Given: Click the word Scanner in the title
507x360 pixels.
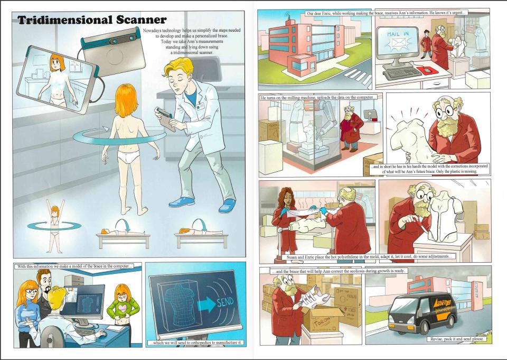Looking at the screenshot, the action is tap(141, 20).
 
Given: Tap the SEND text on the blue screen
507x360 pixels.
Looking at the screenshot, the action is tap(225, 303).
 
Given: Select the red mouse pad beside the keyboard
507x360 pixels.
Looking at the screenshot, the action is tap(427, 70).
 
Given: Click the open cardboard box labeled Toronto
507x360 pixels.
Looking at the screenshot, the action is tap(322, 319).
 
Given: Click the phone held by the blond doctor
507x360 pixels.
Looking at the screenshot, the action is tap(164, 113).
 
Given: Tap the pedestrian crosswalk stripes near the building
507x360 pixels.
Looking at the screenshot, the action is tap(358, 78).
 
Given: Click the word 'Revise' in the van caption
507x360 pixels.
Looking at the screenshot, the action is tap(437, 339).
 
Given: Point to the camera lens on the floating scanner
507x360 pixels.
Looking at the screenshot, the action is tap(114, 41).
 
